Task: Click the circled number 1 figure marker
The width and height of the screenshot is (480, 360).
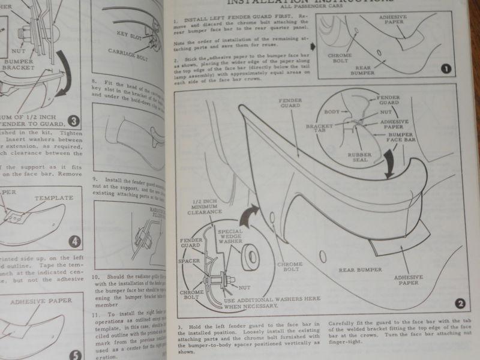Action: coord(445,68)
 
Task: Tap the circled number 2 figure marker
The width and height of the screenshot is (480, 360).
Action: coord(460,303)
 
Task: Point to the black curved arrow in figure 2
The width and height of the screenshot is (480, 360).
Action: coord(389,164)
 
